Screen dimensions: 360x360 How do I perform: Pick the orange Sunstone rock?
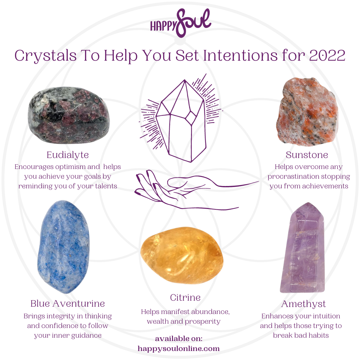[x=307, y=112]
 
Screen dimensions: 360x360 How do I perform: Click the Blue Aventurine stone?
[x=64, y=247]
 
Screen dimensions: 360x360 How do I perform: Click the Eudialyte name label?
[x=68, y=155]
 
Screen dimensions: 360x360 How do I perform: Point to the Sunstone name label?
[x=307, y=155]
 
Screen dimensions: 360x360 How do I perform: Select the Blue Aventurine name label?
[x=68, y=304]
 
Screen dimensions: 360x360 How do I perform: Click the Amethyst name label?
[x=303, y=304]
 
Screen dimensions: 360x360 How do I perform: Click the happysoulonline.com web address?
[x=179, y=349]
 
